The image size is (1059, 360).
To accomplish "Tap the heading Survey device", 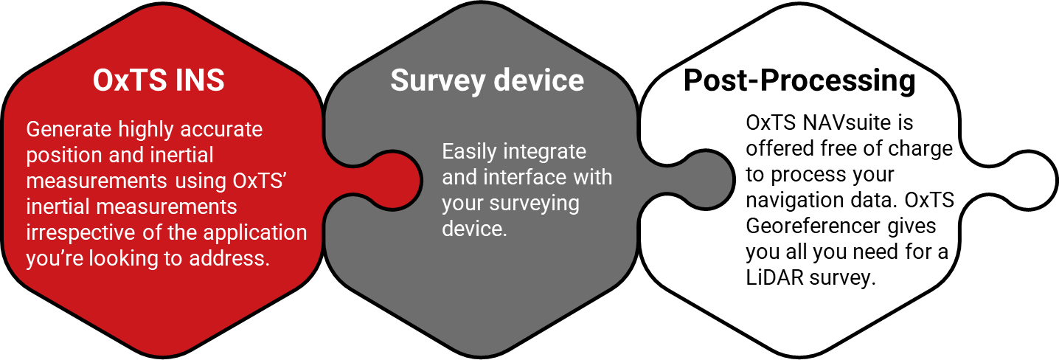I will pyautogui.click(x=487, y=80).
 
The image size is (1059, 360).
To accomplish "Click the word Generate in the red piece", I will pyautogui.click(x=69, y=130).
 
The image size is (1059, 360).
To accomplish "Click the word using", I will pyautogui.click(x=201, y=181).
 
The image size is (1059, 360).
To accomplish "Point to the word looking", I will pyautogui.click(x=119, y=258).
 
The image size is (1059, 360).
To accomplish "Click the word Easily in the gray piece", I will pyautogui.click(x=470, y=152).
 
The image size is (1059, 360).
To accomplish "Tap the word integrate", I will pyautogui.click(x=545, y=152).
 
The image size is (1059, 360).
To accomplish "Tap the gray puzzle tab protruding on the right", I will pyautogui.click(x=704, y=180).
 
